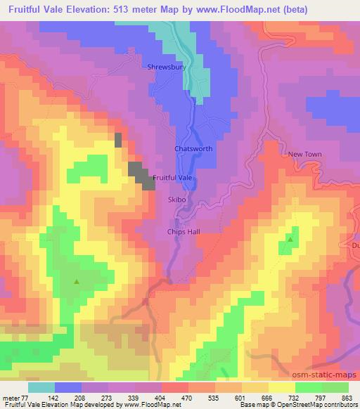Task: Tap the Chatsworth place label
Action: tap(193, 149)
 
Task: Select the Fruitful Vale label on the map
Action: tap(172, 178)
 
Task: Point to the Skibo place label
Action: tap(176, 200)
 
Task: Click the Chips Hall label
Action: tap(184, 231)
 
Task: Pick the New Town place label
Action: tap(304, 154)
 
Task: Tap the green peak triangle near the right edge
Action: tap(290, 240)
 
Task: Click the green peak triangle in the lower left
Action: tap(77, 283)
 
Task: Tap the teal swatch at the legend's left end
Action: tap(41, 387)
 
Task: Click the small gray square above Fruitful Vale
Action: tap(118, 139)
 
